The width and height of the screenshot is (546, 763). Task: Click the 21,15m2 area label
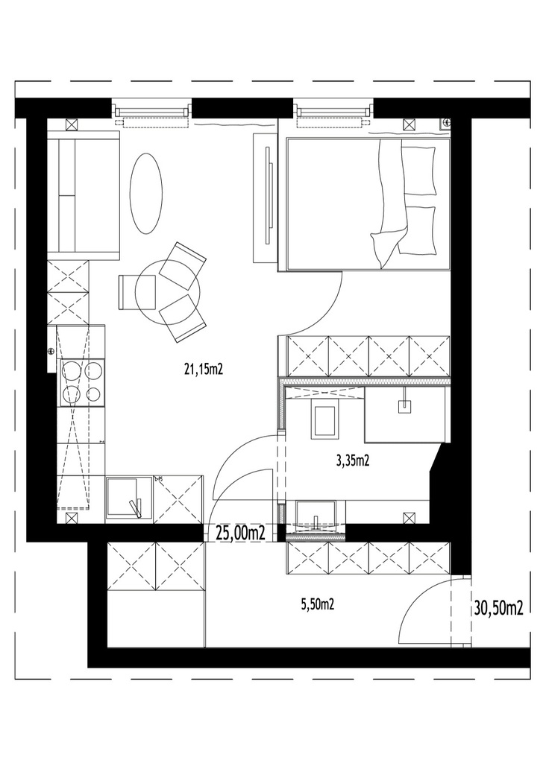[203, 370]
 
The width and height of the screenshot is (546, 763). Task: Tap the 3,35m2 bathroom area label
[352, 460]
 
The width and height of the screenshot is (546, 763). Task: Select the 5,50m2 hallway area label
[318, 604]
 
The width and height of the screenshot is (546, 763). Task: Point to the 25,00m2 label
[240, 534]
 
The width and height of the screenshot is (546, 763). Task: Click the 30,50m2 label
[498, 608]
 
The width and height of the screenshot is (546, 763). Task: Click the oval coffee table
[145, 194]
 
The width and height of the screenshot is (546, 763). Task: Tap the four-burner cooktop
[81, 382]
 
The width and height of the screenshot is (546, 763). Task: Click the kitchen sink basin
[123, 498]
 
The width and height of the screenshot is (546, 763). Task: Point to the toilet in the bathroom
[324, 419]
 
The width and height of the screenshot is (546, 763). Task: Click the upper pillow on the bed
[418, 171]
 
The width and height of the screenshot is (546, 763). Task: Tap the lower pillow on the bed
[417, 230]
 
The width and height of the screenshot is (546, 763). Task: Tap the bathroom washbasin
[316, 513]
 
